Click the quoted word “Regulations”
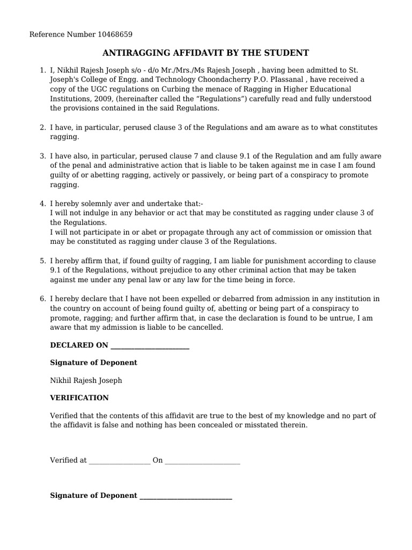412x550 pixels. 216,99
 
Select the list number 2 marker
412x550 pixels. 42,128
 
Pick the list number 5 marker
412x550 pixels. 42,261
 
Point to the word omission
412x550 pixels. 334,232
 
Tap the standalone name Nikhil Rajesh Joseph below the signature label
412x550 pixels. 86,381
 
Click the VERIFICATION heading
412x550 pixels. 79,398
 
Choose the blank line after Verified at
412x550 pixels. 120,461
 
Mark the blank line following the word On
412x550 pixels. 202,461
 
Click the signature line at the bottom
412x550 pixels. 186,496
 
